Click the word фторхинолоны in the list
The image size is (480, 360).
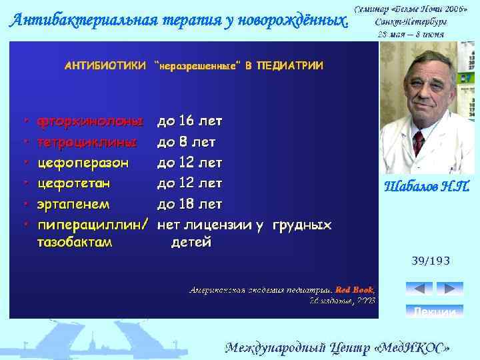pos(90,122)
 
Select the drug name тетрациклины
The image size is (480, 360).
pos(87,142)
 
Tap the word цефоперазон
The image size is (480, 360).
pos(83,162)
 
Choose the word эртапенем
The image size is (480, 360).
pos(73,203)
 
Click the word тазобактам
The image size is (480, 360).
pos(75,242)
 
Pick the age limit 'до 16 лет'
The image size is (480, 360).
pos(189,122)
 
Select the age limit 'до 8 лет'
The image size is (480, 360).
pos(186,142)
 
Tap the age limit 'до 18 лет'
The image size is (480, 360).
pos(189,203)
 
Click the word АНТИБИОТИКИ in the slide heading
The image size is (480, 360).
pos(105,65)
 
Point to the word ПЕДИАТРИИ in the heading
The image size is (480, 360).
pos(289,65)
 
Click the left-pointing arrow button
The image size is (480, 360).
pos(419,289)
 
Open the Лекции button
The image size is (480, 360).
pos(434,311)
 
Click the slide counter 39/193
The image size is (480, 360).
pos(430,262)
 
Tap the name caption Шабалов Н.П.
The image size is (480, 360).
pos(427,187)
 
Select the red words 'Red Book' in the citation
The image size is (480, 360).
pos(354,290)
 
